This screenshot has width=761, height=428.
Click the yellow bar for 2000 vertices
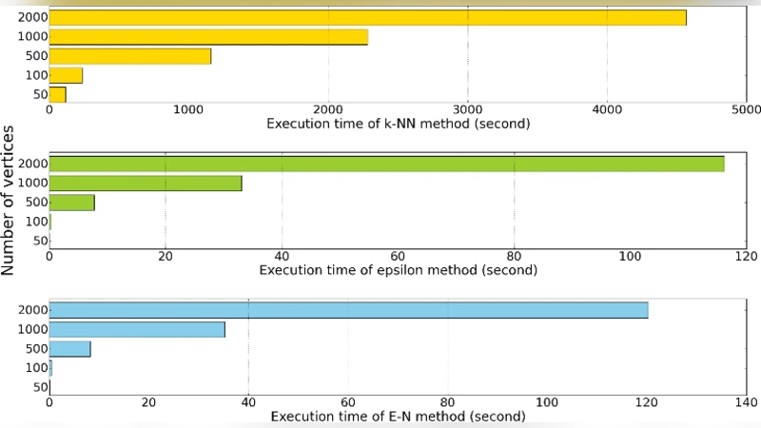[x=367, y=17]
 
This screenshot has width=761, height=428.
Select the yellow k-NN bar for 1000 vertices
[x=208, y=37]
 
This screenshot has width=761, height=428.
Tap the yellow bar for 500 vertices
[x=129, y=56]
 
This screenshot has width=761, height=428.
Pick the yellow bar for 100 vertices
[x=66, y=75]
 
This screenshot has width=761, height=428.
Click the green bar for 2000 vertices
[x=386, y=164]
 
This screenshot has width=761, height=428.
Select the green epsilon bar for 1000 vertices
[x=146, y=184]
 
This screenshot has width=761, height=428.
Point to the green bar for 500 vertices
[x=71, y=203]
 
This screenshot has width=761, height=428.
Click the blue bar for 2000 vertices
[x=348, y=310]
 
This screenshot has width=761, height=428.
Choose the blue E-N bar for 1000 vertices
[x=137, y=329]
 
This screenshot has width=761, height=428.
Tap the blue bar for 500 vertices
[x=69, y=349]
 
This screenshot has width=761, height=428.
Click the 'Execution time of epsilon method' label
[x=398, y=270]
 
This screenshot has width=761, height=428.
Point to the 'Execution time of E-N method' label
[x=398, y=417]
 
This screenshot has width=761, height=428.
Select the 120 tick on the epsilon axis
[x=746, y=257]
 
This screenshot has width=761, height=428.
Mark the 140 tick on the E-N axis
[x=746, y=403]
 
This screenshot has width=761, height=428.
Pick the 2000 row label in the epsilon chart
[x=32, y=165]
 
